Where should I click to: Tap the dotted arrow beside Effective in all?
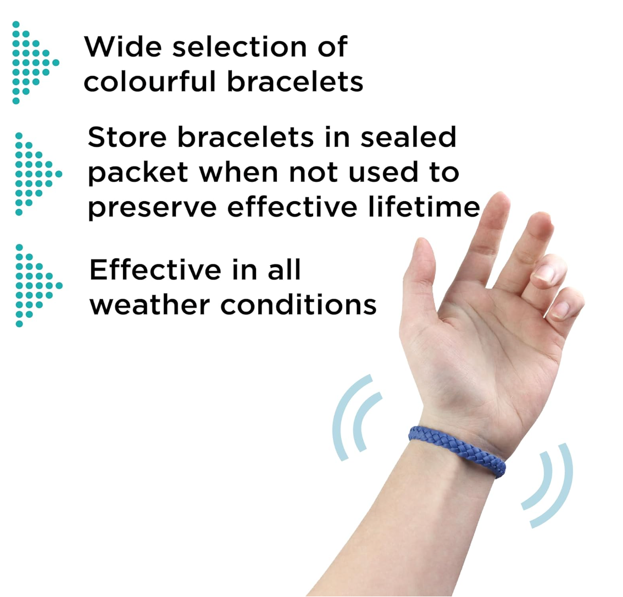(35, 285)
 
